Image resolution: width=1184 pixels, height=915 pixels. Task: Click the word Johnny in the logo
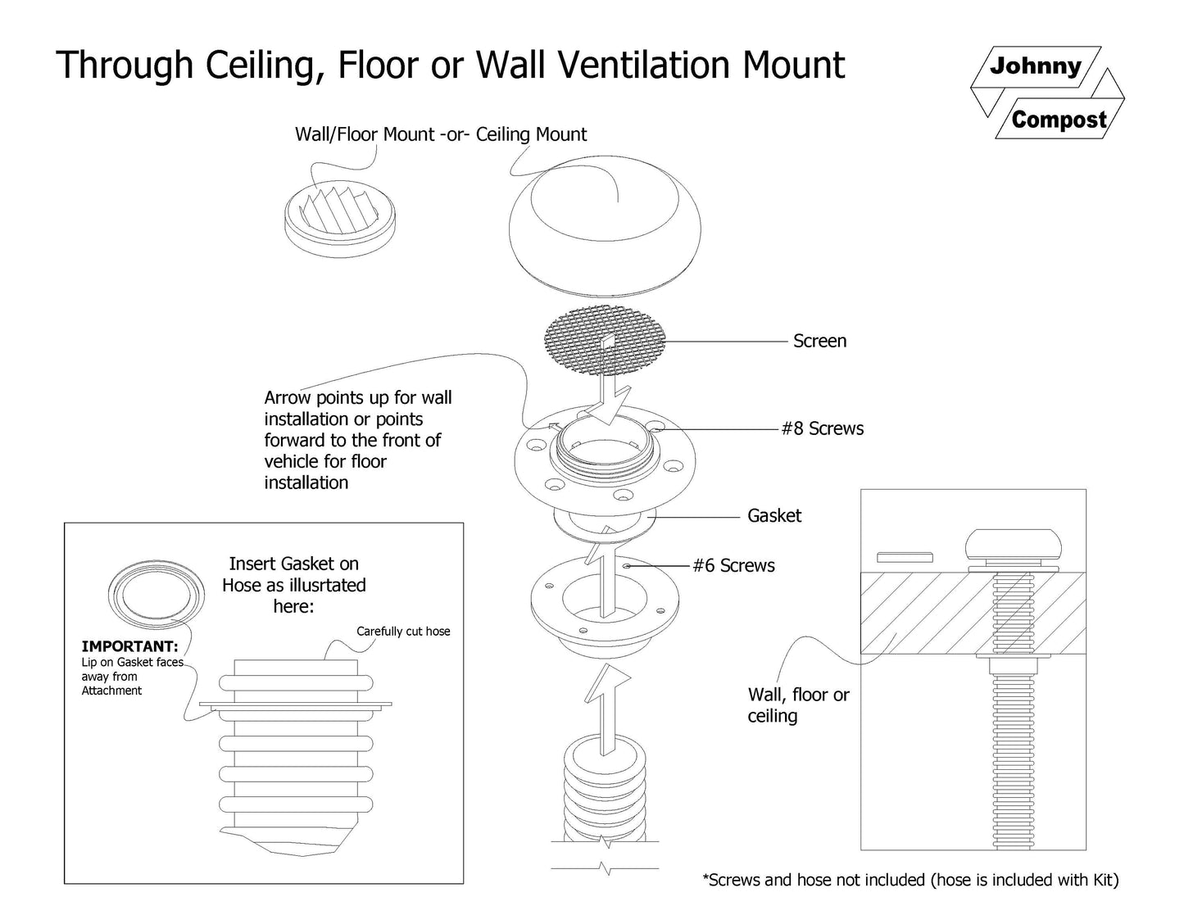pyautogui.click(x=1035, y=66)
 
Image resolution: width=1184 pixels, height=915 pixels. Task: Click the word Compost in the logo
pyautogui.click(x=1059, y=120)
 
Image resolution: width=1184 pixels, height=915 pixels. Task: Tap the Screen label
pyautogui.click(x=819, y=341)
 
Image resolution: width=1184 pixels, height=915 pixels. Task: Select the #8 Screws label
pyautogui.click(x=822, y=428)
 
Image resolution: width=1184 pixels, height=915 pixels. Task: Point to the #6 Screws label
pyautogui.click(x=733, y=565)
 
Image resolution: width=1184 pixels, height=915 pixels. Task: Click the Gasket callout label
pyautogui.click(x=773, y=515)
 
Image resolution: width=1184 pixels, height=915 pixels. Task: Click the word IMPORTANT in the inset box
pyautogui.click(x=129, y=646)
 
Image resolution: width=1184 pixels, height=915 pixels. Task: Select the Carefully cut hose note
pyautogui.click(x=403, y=632)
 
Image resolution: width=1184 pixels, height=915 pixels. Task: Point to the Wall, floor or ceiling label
pyautogui.click(x=798, y=705)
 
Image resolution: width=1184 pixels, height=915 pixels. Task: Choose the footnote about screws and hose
pyautogui.click(x=910, y=880)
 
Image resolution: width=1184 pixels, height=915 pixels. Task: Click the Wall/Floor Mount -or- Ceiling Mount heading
pyautogui.click(x=441, y=134)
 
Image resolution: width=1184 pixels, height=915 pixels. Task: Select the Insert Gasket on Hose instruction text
pyautogui.click(x=293, y=585)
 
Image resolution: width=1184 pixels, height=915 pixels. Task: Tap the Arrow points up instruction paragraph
pyautogui.click(x=357, y=440)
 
